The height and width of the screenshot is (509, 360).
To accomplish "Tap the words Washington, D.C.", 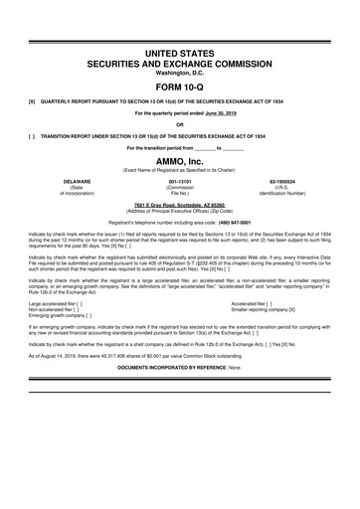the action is [x=180, y=70].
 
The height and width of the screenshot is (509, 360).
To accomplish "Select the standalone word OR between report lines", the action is [x=180, y=124].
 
